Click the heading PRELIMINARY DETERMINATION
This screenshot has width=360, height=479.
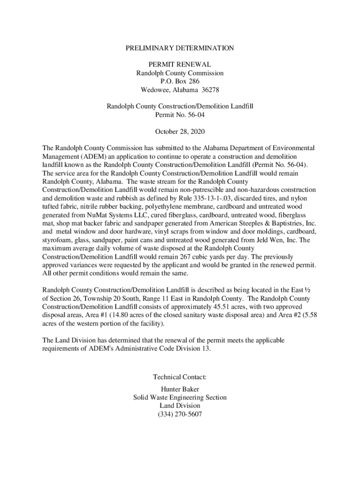180,48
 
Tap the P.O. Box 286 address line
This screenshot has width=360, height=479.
180,81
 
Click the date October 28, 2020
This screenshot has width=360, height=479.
180,131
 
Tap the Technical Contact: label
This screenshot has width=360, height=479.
180,377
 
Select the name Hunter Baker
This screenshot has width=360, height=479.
180,389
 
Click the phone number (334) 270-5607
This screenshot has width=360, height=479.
180,414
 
